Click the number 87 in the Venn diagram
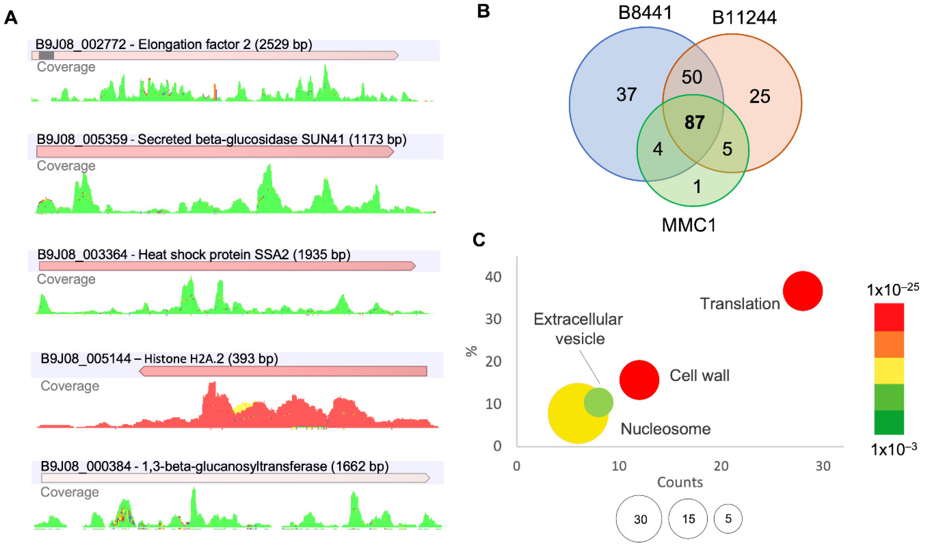[694, 122]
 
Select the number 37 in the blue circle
[627, 95]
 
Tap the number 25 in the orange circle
[760, 96]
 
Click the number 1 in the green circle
[697, 187]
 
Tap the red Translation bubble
[802, 291]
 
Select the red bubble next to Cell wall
[639, 380]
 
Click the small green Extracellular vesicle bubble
[598, 403]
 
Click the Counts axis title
[680, 482]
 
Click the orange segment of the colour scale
[889, 344]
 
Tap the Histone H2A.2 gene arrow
[283, 371]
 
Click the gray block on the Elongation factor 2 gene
[46, 56]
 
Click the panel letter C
[479, 240]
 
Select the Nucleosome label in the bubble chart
[665, 429]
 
